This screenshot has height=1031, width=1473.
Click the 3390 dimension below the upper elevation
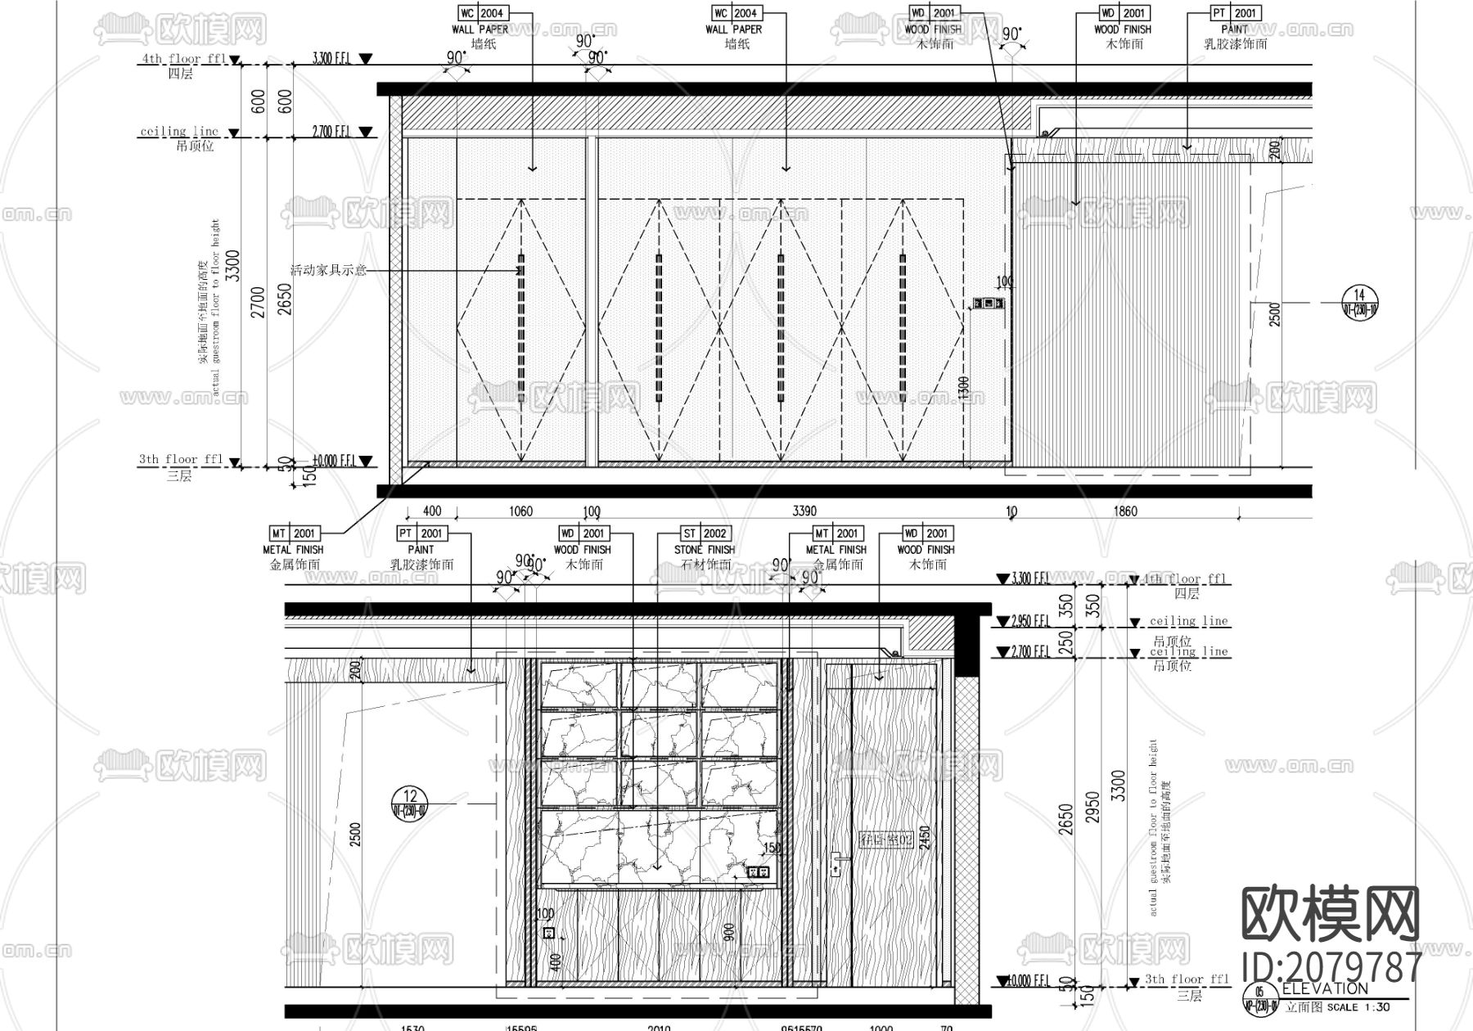click(804, 511)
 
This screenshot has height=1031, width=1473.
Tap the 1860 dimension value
click(1125, 511)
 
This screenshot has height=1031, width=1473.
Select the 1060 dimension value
click(520, 511)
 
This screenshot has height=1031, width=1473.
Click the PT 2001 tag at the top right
click(1235, 13)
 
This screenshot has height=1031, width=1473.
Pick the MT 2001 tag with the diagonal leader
click(294, 534)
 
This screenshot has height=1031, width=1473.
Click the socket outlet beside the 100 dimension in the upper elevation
click(988, 304)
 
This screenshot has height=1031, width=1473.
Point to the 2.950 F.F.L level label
click(1031, 621)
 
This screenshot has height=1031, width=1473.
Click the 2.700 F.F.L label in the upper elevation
click(332, 131)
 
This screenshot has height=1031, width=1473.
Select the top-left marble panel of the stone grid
click(579, 684)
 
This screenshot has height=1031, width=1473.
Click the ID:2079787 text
click(1331, 966)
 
